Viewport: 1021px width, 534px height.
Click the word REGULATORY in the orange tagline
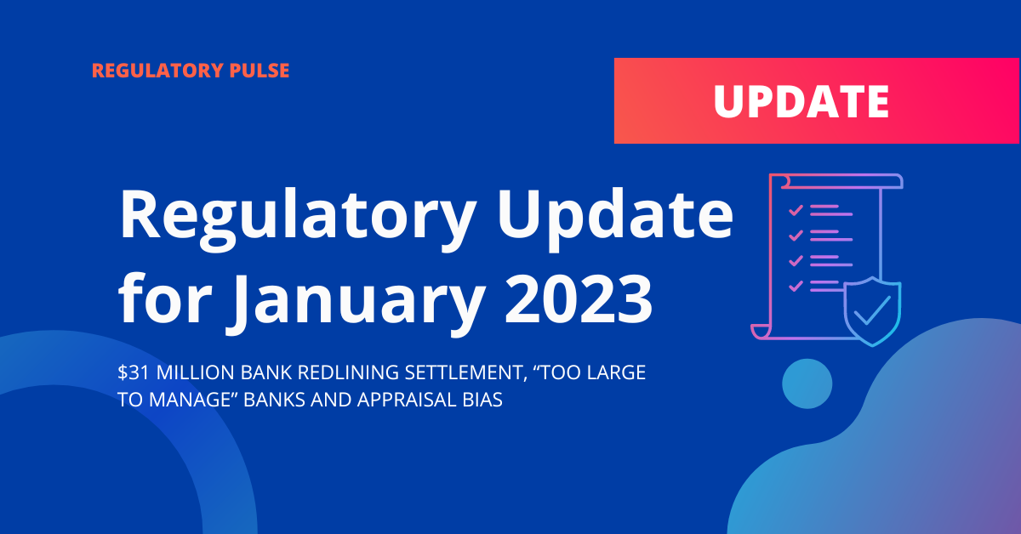[x=157, y=71]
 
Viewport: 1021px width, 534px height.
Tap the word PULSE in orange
[x=260, y=71]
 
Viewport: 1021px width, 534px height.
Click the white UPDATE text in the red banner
[x=801, y=101]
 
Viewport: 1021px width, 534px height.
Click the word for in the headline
[x=165, y=297]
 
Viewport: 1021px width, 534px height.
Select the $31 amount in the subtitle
[x=134, y=372]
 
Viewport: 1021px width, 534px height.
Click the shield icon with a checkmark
[x=872, y=311]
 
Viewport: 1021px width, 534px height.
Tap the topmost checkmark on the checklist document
[x=796, y=210]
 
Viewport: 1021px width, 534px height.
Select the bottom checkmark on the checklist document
[x=796, y=287]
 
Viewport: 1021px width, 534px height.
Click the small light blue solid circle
[x=807, y=383]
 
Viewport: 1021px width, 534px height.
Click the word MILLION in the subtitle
[x=195, y=372]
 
